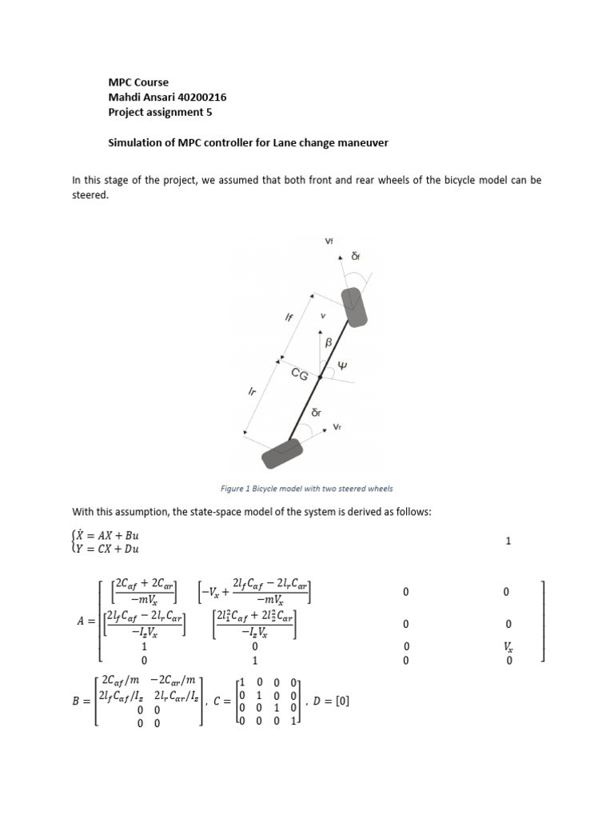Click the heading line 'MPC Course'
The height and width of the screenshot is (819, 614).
pos(138,82)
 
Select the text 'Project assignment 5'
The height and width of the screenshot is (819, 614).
pos(160,113)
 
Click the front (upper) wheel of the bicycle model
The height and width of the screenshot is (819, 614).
pos(355,307)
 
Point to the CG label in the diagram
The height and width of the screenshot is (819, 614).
pos(299,374)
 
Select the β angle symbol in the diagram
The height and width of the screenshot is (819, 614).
pos(327,342)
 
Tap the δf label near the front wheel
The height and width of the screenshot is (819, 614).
pos(356,257)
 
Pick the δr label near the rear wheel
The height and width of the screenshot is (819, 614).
pos(316,413)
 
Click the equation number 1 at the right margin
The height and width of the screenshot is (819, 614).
pos(508,541)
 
